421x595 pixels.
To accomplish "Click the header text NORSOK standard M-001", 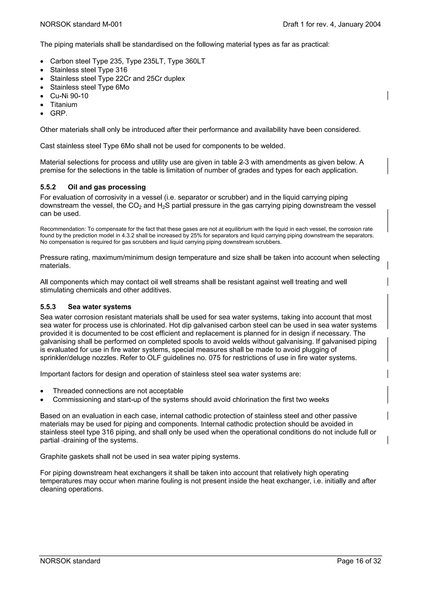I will [81, 24].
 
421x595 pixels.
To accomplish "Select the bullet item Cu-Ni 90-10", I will [69, 96].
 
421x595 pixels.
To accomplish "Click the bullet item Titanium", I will [64, 105].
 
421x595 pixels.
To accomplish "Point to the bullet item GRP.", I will [59, 113].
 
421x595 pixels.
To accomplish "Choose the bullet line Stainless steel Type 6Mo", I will [89, 87].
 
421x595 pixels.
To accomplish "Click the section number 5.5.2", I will [48, 187].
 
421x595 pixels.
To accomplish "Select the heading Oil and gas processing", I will [107, 187].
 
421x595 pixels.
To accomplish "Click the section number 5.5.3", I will [48, 307].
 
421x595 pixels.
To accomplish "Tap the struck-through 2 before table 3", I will [241, 162].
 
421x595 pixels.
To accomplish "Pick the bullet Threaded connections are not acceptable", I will [118, 391].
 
